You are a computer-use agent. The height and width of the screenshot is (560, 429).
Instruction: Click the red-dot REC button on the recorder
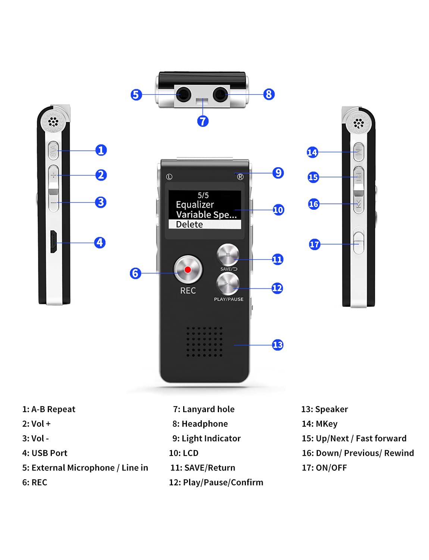[188, 269]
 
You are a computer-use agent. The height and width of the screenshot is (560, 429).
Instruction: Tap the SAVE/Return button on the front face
[228, 255]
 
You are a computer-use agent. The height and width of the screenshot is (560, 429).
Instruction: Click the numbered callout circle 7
[203, 121]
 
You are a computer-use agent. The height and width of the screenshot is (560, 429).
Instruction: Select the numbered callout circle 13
[278, 345]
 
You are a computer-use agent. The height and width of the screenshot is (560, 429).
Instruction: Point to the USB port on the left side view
[54, 242]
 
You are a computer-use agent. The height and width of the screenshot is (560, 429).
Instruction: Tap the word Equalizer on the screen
[195, 205]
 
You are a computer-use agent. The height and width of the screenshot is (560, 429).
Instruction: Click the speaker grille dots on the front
[204, 342]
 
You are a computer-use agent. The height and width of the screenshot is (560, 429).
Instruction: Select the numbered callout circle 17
[314, 245]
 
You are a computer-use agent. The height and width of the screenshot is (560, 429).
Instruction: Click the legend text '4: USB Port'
[45, 453]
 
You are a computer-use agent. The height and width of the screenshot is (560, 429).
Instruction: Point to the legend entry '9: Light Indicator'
[206, 438]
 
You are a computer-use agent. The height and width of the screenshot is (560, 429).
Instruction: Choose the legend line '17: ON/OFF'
[324, 467]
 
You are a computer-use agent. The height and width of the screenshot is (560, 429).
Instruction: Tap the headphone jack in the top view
[220, 94]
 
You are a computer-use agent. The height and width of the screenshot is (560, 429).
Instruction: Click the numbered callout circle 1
[101, 150]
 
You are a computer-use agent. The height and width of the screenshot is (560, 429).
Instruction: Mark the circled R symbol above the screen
[240, 177]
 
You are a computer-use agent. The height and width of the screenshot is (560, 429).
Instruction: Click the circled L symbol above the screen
[169, 177]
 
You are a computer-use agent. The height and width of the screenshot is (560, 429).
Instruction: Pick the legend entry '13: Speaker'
[325, 409]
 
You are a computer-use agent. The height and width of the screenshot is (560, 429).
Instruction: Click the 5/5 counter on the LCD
[203, 195]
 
